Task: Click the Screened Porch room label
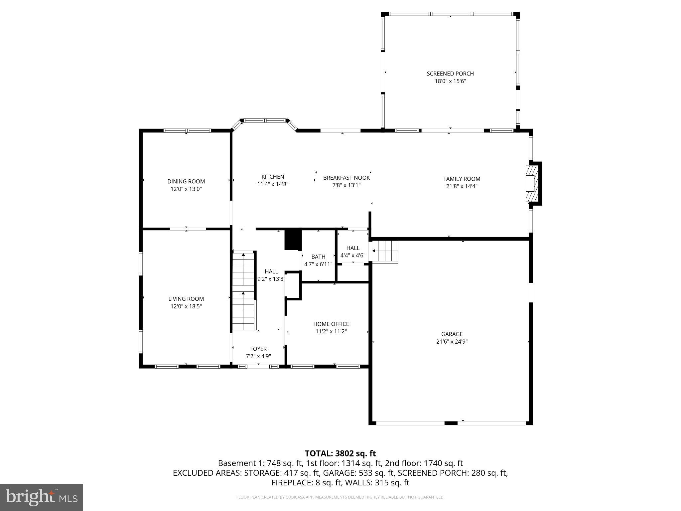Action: [x=450, y=74]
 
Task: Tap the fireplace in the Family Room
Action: [x=531, y=183]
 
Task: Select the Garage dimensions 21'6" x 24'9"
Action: [x=452, y=341]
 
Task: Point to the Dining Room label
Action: [x=186, y=181]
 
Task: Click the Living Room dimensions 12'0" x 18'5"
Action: [x=186, y=306]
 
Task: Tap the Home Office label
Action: [x=331, y=324]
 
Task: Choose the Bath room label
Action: [x=318, y=256]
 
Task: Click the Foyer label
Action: [x=258, y=349]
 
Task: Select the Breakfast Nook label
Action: [x=346, y=178]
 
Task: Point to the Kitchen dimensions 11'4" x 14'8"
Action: [x=273, y=184]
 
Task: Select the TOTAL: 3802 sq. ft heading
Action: [x=340, y=453]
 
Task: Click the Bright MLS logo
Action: [x=42, y=497]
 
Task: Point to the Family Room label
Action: [x=462, y=179]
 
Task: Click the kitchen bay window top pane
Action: [x=265, y=120]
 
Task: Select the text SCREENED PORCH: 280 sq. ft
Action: [x=453, y=473]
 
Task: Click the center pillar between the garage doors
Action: [x=451, y=423]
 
